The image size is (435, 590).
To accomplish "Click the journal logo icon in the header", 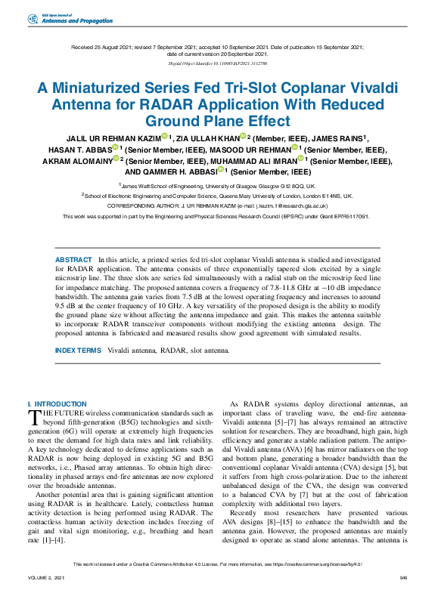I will point(32,18).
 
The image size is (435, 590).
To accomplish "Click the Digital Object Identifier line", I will point(217,64).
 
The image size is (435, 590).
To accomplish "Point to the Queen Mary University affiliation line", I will point(217,195).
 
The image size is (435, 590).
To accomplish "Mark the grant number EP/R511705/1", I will point(351,215).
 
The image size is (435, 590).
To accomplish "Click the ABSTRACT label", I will point(73,259).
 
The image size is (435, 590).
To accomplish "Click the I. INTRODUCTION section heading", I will point(57,404).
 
